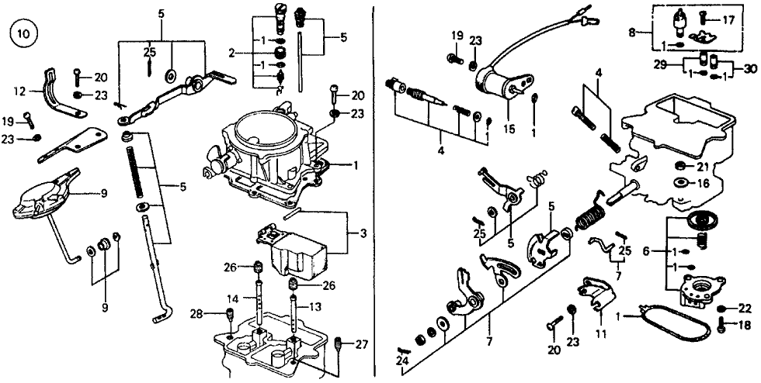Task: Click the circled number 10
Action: click(x=19, y=35)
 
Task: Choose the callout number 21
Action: click(x=701, y=167)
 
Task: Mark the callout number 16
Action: click(x=701, y=184)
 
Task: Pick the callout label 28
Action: click(x=196, y=314)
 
